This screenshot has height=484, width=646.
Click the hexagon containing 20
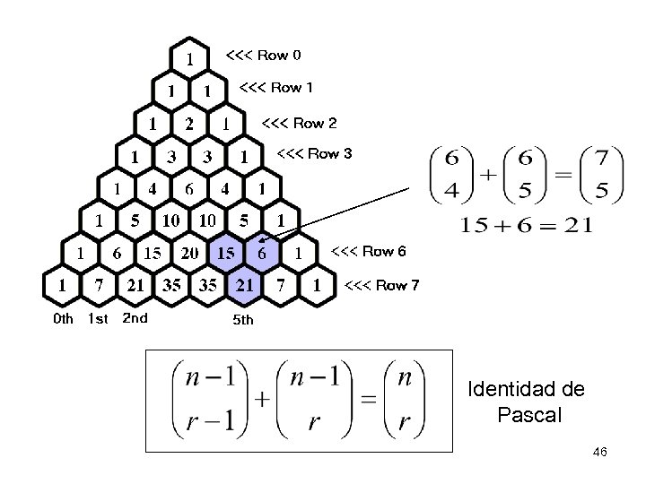pyautogui.click(x=189, y=254)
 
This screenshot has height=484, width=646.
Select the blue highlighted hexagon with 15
pyautogui.click(x=225, y=254)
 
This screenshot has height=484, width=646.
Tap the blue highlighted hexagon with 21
pyautogui.click(x=243, y=286)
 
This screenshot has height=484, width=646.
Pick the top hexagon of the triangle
pyautogui.click(x=189, y=59)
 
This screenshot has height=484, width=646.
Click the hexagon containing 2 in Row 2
pyautogui.click(x=189, y=124)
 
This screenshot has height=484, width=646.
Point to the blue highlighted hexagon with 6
pyautogui.click(x=261, y=254)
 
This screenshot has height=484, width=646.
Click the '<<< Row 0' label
pyautogui.click(x=263, y=56)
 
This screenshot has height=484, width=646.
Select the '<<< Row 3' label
pyautogui.click(x=314, y=153)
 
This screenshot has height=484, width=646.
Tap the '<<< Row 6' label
pyautogui.click(x=368, y=252)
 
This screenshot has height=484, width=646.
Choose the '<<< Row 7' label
pyautogui.click(x=382, y=286)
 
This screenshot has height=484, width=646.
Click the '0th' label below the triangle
pyautogui.click(x=64, y=318)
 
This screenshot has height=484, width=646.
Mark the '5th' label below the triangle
pyautogui.click(x=243, y=319)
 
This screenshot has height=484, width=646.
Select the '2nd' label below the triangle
pyautogui.click(x=135, y=317)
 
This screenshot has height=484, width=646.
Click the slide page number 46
pyautogui.click(x=600, y=453)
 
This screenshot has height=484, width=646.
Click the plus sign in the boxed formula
pyautogui.click(x=263, y=401)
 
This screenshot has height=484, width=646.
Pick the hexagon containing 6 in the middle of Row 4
pyautogui.click(x=189, y=189)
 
